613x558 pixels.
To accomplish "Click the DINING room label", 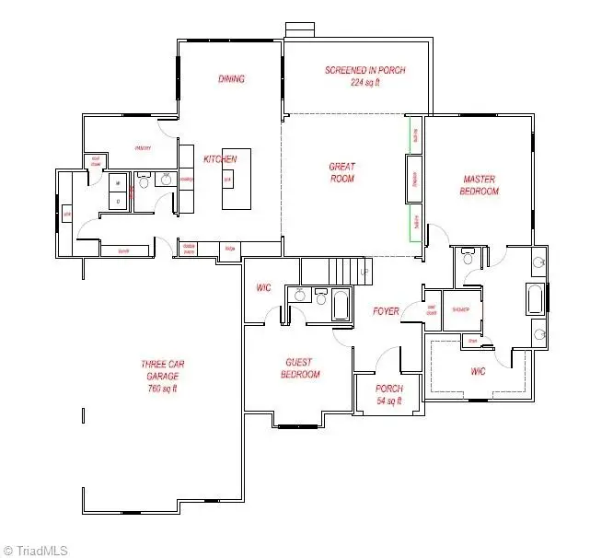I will tap(231, 79).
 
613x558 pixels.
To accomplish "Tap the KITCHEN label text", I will tap(220, 159).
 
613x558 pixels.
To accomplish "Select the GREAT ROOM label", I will tap(341, 172).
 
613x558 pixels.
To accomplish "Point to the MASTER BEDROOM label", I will tap(480, 185).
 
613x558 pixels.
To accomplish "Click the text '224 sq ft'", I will tap(364, 82).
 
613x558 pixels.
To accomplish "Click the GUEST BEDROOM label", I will tap(300, 368).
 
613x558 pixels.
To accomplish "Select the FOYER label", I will tap(387, 311).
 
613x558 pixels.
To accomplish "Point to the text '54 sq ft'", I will tap(389, 401).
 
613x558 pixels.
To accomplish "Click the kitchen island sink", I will tap(227, 179).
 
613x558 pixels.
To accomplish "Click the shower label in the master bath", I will tap(460, 309).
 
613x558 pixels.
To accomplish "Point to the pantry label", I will tap(143, 148).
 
